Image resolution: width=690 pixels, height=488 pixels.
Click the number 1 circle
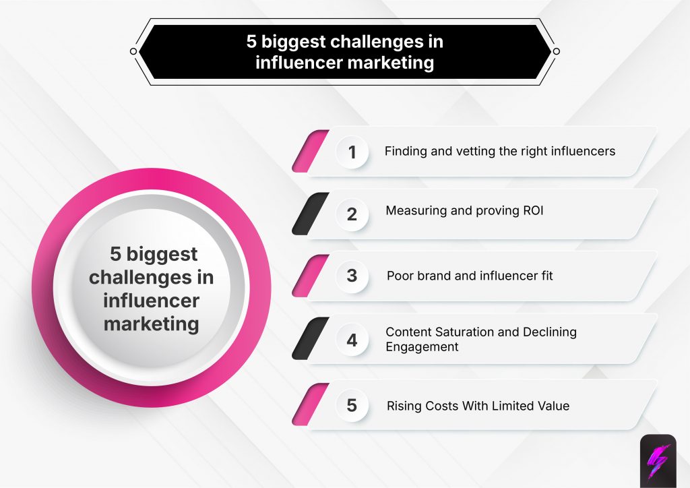coord(352,152)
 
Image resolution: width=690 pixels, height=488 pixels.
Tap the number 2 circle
coord(352,214)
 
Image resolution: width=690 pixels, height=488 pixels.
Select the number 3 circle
coord(352,276)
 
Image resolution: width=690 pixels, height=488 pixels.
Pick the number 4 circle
coord(352,340)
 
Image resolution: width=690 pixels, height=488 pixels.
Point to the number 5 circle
coord(352,406)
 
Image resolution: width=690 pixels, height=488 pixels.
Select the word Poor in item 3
coord(400,276)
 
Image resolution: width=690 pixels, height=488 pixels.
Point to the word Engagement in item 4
coord(422,347)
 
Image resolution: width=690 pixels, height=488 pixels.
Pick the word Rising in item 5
coord(404,406)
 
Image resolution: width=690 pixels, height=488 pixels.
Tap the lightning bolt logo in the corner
coord(657,460)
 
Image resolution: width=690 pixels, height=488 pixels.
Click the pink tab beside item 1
coord(310,151)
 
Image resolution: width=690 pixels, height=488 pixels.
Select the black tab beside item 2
coord(310,214)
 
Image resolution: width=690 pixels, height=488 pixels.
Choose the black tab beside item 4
coord(310,338)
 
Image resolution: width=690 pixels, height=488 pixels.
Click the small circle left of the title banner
coord(133,51)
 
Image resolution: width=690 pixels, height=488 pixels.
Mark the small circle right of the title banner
coord(556,51)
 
